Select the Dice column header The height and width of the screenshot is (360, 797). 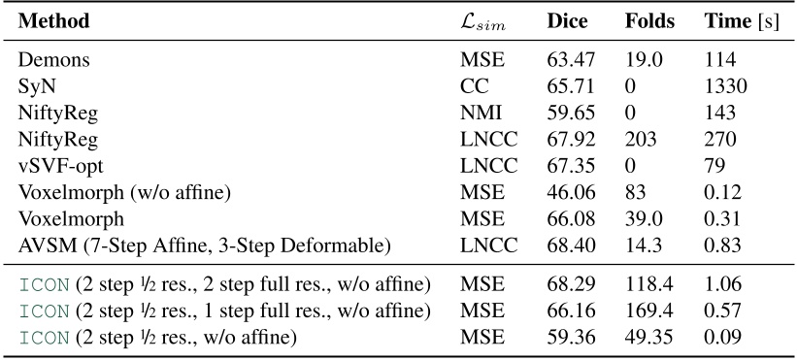(x=567, y=21)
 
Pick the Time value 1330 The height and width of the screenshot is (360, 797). (x=726, y=86)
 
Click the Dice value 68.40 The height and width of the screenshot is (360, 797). (x=567, y=244)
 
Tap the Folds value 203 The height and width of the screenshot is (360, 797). (x=642, y=139)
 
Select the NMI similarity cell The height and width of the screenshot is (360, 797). (x=479, y=113)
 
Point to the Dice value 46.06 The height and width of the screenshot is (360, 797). (x=567, y=191)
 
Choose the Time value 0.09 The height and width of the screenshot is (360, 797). (x=722, y=338)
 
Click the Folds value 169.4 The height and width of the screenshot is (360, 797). (x=648, y=311)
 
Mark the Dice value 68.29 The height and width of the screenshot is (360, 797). (x=567, y=285)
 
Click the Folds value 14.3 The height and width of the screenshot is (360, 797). (x=644, y=244)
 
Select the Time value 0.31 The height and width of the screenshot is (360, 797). (x=722, y=217)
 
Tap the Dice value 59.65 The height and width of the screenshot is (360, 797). (x=567, y=113)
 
